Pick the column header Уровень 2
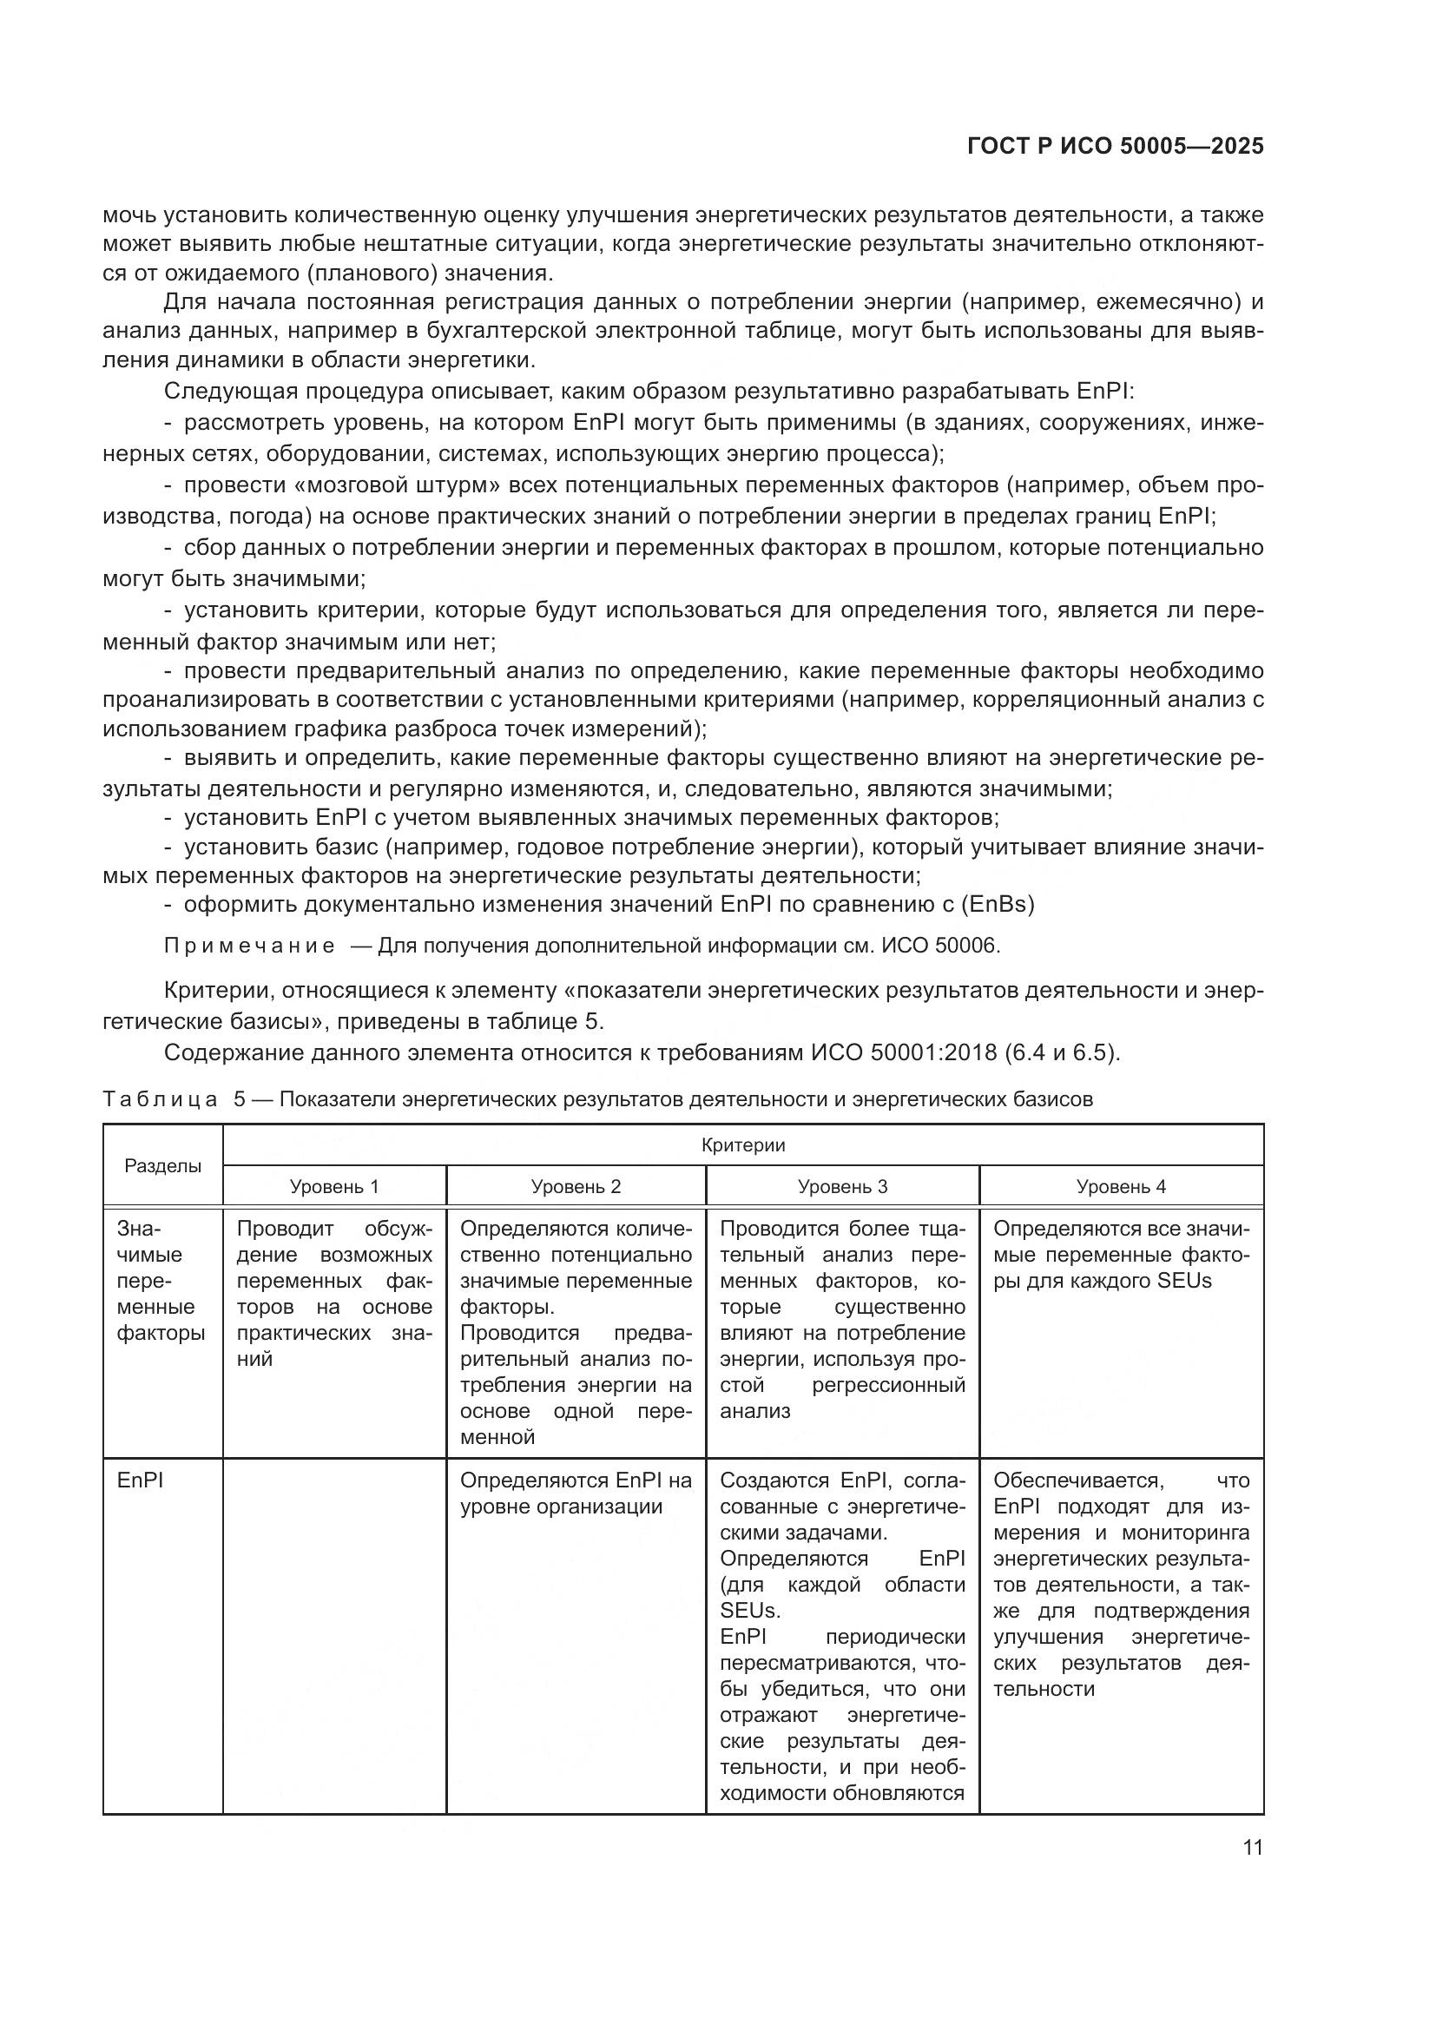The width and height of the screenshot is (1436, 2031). click(576, 1186)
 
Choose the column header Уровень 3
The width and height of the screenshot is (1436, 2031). click(842, 1186)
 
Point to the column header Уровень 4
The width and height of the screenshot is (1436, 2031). click(1120, 1186)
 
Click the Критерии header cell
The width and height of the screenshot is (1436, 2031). click(743, 1144)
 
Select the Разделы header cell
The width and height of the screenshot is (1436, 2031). click(162, 1165)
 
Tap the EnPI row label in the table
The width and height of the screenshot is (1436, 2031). click(140, 1480)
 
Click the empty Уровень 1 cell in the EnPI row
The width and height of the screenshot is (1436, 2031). click(333, 1637)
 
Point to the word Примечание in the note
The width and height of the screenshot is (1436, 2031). click(249, 946)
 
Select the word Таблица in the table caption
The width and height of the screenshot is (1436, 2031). click(160, 1098)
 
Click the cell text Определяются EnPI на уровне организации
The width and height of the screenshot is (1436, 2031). click(576, 1494)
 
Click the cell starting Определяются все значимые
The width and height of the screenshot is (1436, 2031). click(1120, 1255)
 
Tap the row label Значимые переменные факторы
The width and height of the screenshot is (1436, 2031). click(160, 1280)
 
